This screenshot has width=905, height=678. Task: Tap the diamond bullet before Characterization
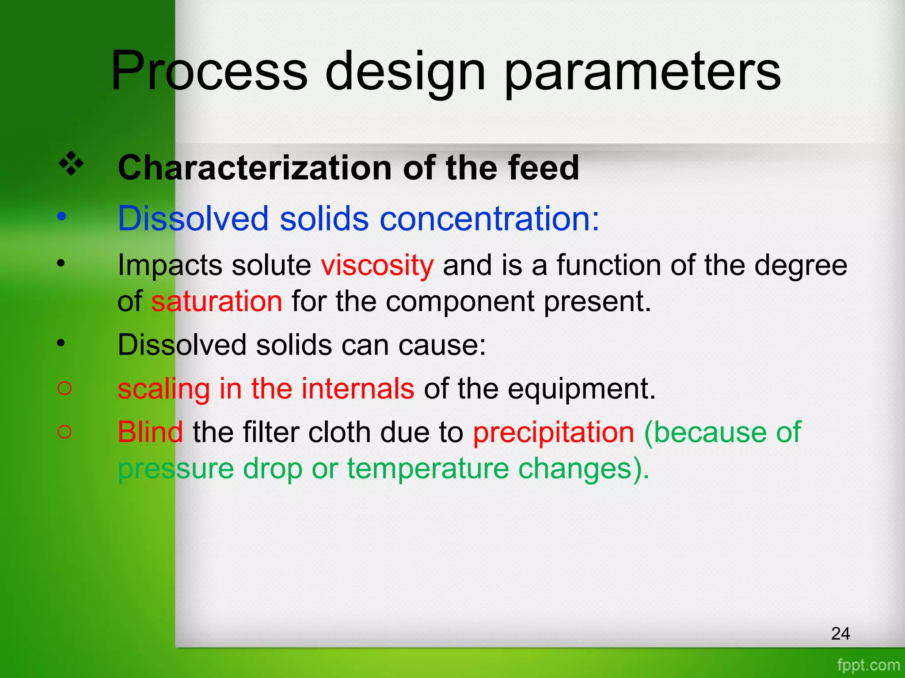[71, 164]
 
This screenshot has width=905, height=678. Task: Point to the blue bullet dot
[62, 217]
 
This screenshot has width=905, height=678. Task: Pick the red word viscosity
[377, 266]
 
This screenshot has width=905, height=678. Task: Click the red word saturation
[217, 301]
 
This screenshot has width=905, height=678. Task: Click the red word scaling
[164, 389]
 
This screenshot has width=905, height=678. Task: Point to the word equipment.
[581, 389]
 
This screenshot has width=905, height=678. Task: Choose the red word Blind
[150, 432]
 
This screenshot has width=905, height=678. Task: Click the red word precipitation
[553, 432]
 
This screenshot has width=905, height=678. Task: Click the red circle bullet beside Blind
[65, 432]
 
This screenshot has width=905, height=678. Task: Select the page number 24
[840, 633]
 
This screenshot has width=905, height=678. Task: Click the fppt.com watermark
[868, 665]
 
